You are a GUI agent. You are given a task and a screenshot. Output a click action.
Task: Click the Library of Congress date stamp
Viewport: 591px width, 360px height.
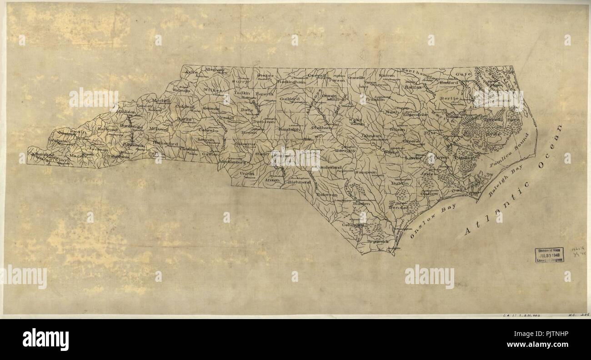[549, 255]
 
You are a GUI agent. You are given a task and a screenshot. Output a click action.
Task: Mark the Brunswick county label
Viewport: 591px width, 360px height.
[378, 242]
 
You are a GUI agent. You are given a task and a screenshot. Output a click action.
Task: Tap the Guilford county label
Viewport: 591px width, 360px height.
[289, 98]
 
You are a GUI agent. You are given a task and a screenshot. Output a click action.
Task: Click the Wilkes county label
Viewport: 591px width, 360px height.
[212, 90]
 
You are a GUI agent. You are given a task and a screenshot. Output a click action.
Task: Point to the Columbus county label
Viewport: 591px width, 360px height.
[354, 225]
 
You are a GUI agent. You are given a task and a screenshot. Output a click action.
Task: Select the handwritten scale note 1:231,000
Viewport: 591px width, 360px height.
[521, 315]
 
